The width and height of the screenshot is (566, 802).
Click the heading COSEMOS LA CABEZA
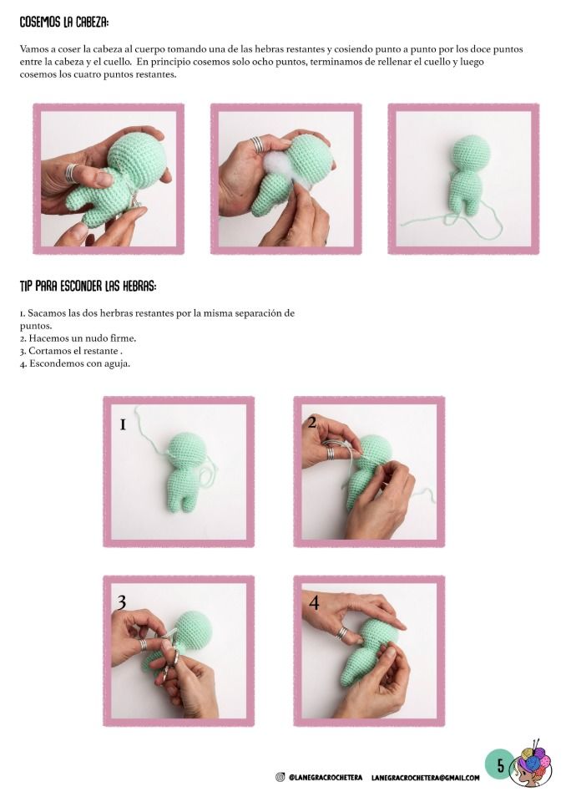(x=64, y=23)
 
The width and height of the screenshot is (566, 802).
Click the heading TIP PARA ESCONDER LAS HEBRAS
(x=88, y=286)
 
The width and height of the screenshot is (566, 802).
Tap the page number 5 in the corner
(x=501, y=765)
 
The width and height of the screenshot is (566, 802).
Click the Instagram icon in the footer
(x=280, y=778)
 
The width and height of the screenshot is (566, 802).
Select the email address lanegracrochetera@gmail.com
(x=426, y=778)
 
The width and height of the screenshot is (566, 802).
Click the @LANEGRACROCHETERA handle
(x=326, y=778)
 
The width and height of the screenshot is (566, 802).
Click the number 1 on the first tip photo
(x=123, y=424)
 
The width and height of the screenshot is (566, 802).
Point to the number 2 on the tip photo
(x=312, y=421)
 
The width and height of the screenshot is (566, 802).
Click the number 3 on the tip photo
(x=121, y=602)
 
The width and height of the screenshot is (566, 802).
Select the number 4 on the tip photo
(x=313, y=602)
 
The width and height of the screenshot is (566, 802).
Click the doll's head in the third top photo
(x=472, y=152)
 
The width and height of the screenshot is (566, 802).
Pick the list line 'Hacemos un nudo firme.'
(x=78, y=338)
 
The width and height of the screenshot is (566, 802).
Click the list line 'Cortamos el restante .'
(x=71, y=351)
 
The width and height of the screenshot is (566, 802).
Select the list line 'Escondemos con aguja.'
(x=75, y=363)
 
